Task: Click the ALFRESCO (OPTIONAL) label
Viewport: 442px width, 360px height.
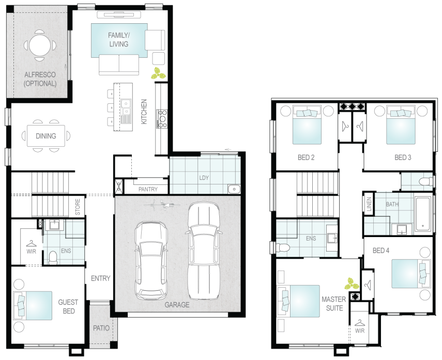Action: pos(40,79)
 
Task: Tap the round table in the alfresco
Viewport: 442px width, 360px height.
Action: pos(40,45)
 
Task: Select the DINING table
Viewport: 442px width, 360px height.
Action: pos(46,136)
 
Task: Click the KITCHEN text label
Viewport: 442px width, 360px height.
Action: pos(144,111)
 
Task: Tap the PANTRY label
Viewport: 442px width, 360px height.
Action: pos(148,189)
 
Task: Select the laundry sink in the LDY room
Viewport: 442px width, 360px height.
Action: pos(234,189)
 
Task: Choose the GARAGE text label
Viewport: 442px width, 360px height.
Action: pos(177,305)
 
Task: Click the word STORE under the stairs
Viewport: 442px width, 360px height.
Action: pos(78,207)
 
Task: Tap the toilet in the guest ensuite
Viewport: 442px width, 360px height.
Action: pos(53,258)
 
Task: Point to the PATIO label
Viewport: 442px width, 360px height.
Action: pos(101,328)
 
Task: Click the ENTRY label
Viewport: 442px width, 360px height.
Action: pos(101,278)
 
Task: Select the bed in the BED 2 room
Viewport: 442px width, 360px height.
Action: pos(307,125)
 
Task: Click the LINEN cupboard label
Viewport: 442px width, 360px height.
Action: pos(369,204)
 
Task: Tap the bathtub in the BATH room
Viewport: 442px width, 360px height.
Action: pos(423,213)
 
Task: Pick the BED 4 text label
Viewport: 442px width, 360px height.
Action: pos(381,251)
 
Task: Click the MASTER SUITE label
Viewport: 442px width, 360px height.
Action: pos(334,304)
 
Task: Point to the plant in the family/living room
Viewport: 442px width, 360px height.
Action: pos(158,73)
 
